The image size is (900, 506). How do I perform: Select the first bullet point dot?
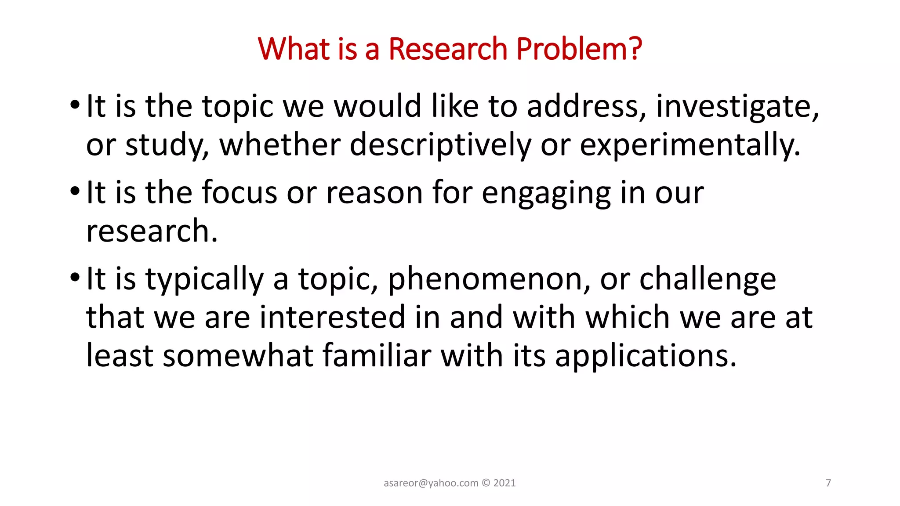(x=75, y=106)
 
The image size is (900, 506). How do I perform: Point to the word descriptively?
(x=440, y=145)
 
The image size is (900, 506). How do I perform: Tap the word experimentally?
(x=690, y=145)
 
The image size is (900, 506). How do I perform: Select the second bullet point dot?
(x=75, y=192)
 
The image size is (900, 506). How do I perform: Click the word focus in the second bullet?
(x=240, y=193)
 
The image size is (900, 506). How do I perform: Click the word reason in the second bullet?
(x=374, y=194)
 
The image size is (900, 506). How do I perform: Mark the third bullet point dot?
(x=75, y=278)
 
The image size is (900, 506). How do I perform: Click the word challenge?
(x=708, y=280)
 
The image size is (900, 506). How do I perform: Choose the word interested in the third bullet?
(x=332, y=317)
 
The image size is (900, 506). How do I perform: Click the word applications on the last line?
(x=645, y=356)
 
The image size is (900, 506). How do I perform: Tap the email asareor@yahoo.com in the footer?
(x=431, y=483)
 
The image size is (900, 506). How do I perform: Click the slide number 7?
(x=828, y=483)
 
